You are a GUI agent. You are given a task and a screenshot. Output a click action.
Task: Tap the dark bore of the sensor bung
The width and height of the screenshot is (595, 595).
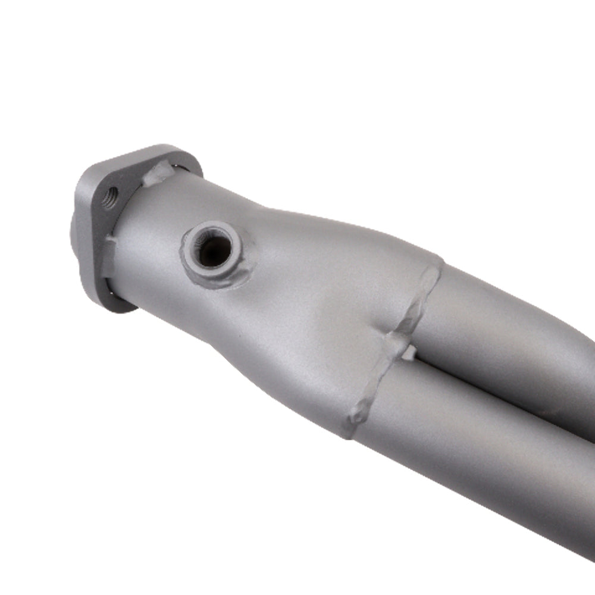point(212,250)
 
